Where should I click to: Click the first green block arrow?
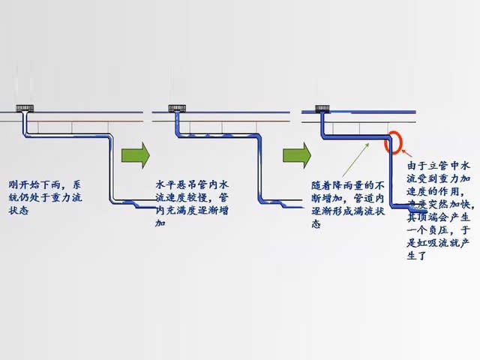click(136, 155)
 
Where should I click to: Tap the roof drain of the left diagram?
click(26, 107)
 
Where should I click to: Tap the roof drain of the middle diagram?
click(178, 107)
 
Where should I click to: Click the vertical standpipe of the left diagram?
click(111, 169)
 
